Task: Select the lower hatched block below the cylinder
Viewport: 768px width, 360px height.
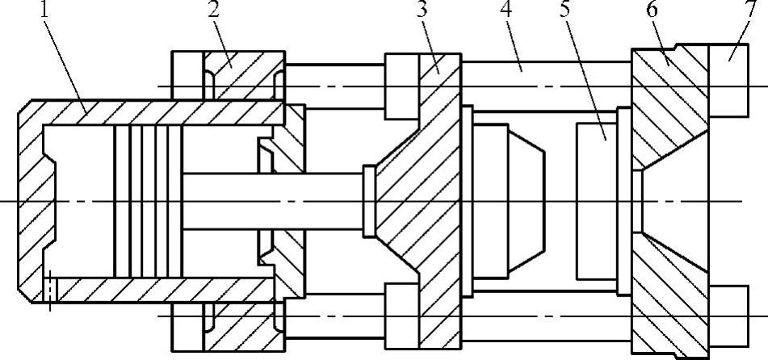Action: pos(242,331)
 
